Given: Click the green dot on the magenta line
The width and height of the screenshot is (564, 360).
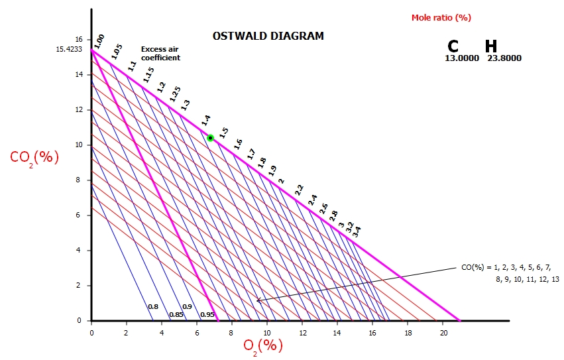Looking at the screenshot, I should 210,138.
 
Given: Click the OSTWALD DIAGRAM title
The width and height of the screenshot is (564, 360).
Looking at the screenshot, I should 268,36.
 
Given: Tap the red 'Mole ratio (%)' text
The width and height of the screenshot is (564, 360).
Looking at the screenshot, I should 441,17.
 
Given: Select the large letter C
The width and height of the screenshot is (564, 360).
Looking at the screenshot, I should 453,46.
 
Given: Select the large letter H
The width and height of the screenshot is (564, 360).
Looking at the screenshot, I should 491,46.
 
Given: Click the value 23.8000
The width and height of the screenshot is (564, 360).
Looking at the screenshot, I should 504,58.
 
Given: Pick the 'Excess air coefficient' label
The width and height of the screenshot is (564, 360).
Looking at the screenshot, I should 160,54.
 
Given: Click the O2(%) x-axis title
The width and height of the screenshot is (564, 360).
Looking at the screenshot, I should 263,345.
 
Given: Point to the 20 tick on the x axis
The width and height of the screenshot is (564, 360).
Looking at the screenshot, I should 443,331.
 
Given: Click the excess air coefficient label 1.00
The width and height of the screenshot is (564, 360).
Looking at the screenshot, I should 99,40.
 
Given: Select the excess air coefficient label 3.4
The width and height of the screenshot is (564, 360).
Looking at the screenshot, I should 357,231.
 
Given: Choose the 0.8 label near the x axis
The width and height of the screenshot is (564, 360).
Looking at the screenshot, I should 153,306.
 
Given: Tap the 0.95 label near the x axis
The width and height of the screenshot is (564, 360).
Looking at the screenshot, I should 207,314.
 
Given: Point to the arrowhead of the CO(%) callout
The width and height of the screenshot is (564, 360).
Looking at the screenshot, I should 258,301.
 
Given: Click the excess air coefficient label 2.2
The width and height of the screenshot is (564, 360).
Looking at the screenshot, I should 300,190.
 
